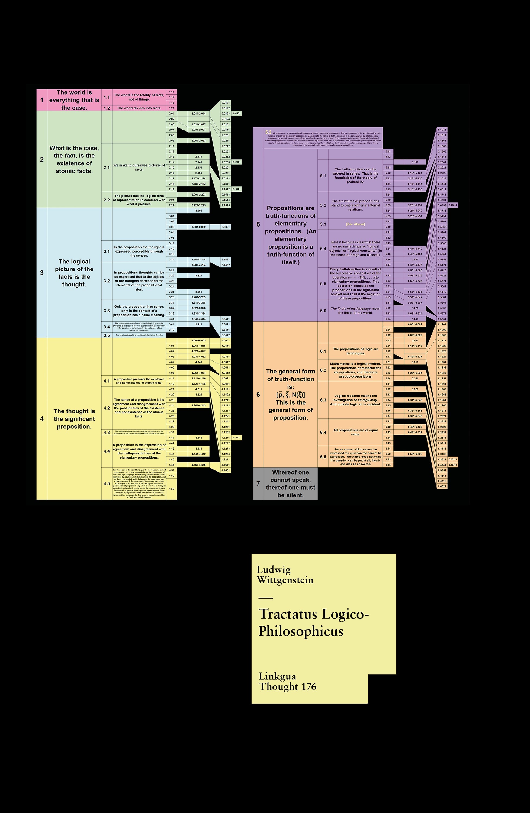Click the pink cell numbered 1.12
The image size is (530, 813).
[172, 97]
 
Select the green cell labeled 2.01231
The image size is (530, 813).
[236, 113]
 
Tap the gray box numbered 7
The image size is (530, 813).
[258, 484]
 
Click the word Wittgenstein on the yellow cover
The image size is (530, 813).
[285, 580]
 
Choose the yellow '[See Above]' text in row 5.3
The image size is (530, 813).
[355, 224]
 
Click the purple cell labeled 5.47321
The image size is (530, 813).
[453, 205]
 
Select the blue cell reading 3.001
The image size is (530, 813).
[198, 211]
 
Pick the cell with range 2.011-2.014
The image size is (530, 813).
[198, 113]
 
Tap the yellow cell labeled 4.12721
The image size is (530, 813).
[236, 438]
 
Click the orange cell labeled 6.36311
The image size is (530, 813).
[453, 465]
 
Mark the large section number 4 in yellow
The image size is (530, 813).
[42, 419]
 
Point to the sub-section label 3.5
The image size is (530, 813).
[107, 335]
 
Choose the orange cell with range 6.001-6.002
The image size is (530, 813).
[415, 324]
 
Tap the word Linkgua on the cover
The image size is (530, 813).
[277, 676]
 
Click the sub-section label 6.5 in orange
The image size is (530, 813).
[323, 457]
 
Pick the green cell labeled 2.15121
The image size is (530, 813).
[236, 189]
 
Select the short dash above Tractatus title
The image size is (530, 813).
[265, 598]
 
